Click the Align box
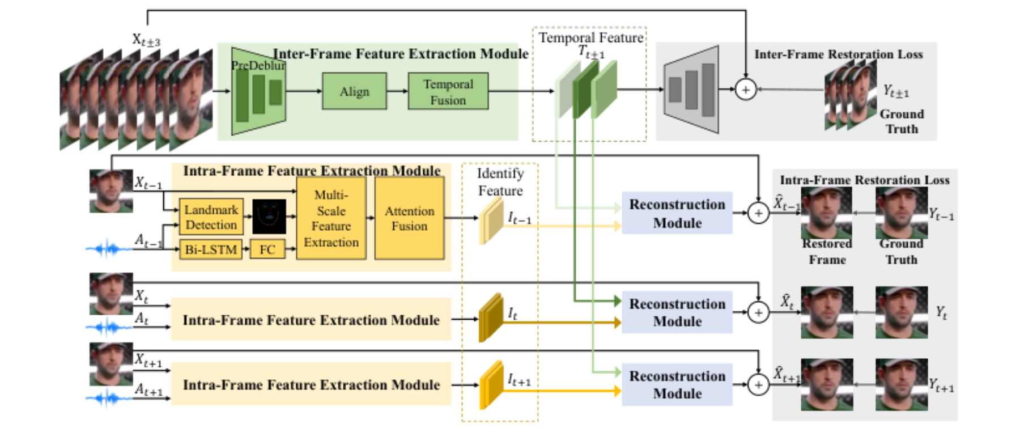[x=354, y=91]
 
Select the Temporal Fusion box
[x=448, y=91]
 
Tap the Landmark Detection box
[x=211, y=217]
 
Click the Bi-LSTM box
[x=211, y=249]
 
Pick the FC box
[x=267, y=249]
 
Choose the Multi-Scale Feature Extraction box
[x=331, y=218]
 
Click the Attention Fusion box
[x=409, y=218]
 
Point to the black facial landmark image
[x=269, y=216]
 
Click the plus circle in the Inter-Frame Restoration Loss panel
[x=746, y=90]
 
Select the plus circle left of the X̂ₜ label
[x=758, y=312]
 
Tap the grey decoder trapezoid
[x=691, y=90]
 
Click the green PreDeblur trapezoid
[x=258, y=91]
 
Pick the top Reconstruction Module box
[x=677, y=213]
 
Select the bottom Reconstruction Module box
[x=677, y=384]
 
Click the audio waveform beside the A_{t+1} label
[x=108, y=399]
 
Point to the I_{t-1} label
[x=520, y=218]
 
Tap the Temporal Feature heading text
[x=591, y=38]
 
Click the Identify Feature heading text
[x=500, y=182]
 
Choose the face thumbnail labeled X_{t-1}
[x=111, y=191]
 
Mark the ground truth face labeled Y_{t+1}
[x=902, y=384]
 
